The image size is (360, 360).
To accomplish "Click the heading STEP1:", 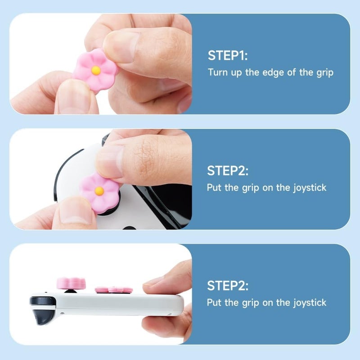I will [x=228, y=56].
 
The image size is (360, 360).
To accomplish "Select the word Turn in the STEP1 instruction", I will [x=217, y=72].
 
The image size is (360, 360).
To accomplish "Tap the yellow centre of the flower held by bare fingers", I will [x=96, y=70].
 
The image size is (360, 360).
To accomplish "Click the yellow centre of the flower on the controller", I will [x=99, y=191].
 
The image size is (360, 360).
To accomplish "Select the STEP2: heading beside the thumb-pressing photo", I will [x=228, y=171].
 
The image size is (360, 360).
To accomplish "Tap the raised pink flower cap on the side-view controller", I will [x=71, y=283].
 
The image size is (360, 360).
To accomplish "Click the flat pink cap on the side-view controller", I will [x=113, y=289].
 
